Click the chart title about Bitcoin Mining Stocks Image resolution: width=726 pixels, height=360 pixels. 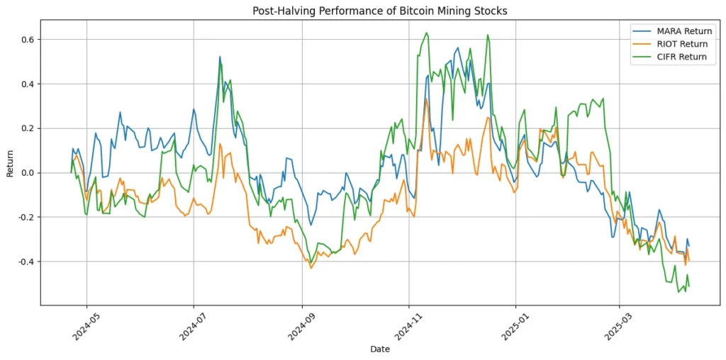tap(380, 11)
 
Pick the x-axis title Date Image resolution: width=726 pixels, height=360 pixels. tap(380, 349)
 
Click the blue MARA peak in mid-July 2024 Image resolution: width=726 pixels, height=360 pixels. tap(220, 57)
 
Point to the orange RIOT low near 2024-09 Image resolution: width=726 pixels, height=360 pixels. tap(311, 268)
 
